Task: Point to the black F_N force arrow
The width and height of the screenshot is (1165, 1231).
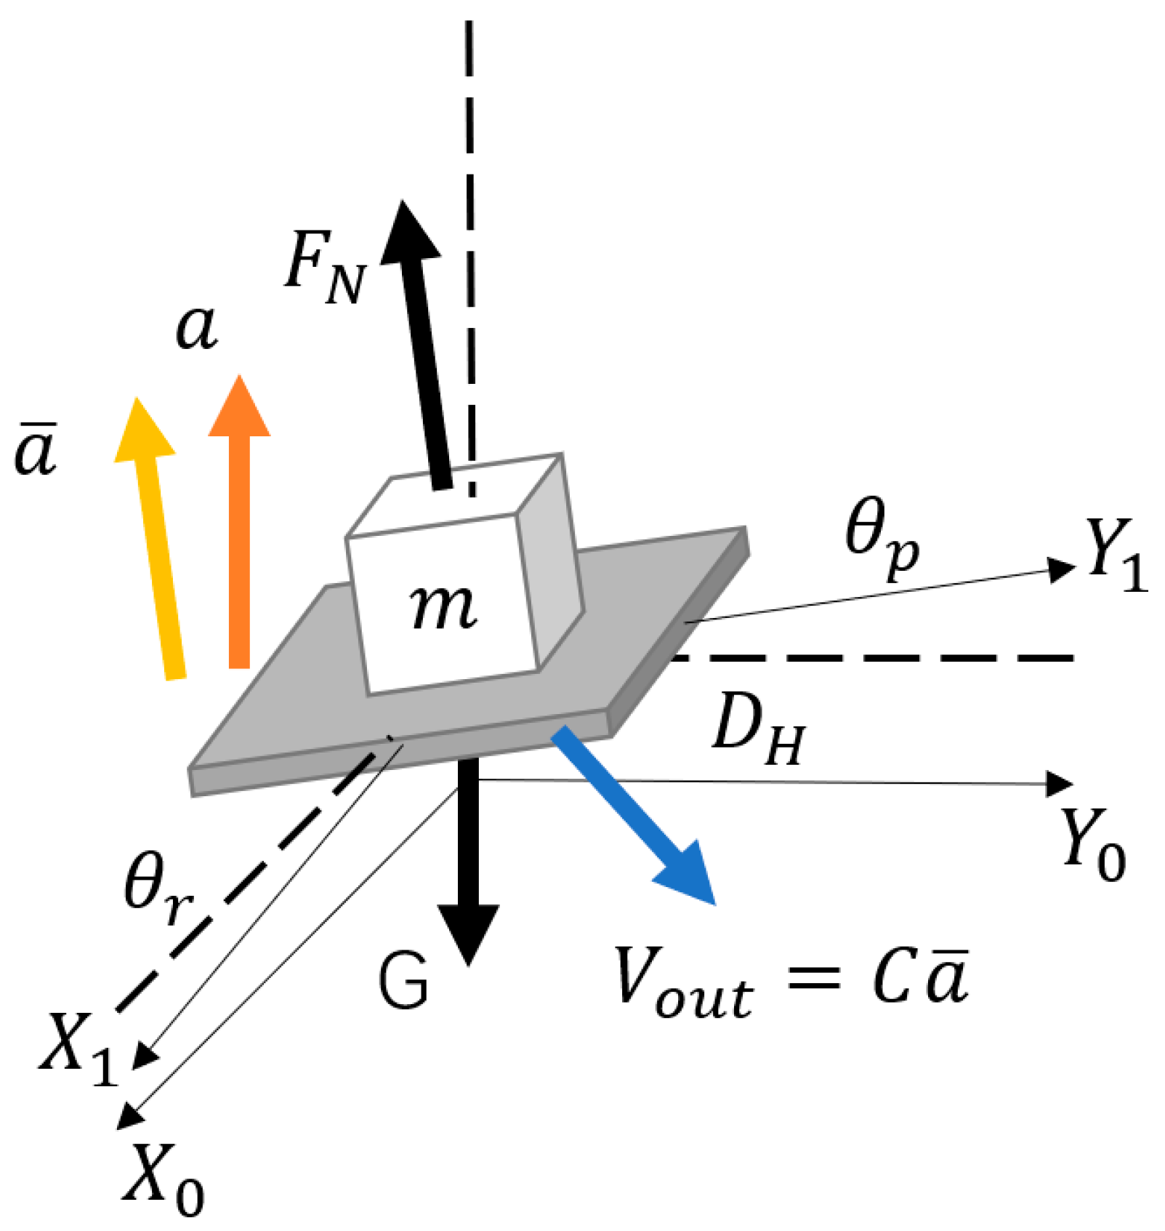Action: (x=424, y=349)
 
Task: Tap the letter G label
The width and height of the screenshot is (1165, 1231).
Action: (x=404, y=982)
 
